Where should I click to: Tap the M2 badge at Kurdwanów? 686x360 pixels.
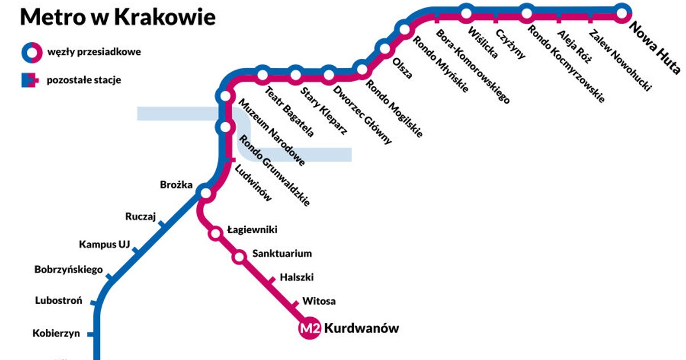point(309,329)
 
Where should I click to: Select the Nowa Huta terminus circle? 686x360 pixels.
point(622,12)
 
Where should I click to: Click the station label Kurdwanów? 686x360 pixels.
point(361,329)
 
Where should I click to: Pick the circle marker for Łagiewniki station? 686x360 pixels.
point(216,233)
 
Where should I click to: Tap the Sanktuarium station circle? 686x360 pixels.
point(240,257)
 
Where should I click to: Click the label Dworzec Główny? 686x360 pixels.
point(362,114)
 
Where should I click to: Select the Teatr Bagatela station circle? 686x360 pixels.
point(262,74)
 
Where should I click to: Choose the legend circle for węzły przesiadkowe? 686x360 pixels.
point(31,52)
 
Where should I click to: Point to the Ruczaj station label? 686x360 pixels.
point(140,217)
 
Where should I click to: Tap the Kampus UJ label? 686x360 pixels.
point(105,245)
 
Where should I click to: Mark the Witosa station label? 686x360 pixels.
point(319,301)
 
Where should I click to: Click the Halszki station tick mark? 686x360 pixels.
point(272,281)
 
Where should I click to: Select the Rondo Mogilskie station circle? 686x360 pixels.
point(362,70)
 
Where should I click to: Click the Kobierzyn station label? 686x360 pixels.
point(56,334)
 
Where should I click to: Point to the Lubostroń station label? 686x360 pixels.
point(59,301)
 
